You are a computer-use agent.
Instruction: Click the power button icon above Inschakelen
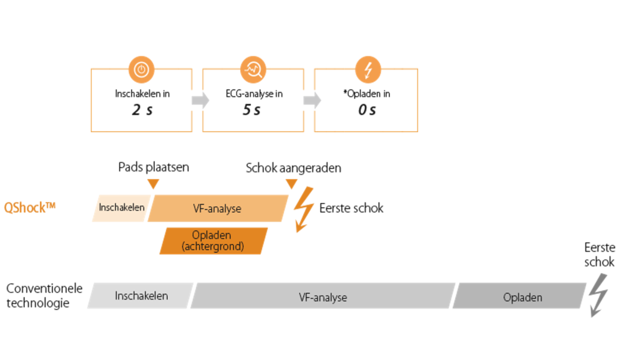(x=142, y=70)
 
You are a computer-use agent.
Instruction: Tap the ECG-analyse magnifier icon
(x=254, y=70)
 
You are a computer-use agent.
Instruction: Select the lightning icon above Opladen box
(x=368, y=70)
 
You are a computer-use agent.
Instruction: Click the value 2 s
(x=142, y=110)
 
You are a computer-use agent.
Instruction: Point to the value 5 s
(x=253, y=110)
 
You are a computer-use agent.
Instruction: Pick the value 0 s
(x=366, y=110)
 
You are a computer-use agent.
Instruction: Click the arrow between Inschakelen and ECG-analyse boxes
(x=200, y=100)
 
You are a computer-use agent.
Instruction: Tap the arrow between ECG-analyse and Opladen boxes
(x=311, y=100)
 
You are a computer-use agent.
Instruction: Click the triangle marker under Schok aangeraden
(x=291, y=184)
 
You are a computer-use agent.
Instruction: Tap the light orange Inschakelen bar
(x=121, y=208)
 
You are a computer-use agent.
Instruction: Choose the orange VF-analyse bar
(x=217, y=208)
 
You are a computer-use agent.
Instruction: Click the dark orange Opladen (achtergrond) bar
(x=213, y=241)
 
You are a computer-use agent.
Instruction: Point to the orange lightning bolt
(x=304, y=208)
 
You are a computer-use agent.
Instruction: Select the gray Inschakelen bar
(x=141, y=296)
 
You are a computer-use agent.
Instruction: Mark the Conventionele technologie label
(x=44, y=296)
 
